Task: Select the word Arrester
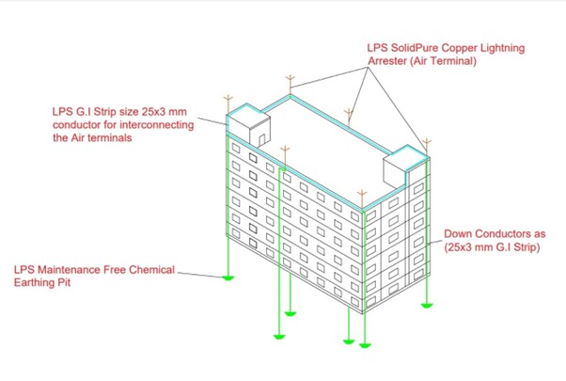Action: [x=386, y=60]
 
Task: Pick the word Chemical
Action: [x=151, y=270]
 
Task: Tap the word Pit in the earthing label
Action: [x=65, y=282]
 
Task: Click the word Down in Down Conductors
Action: [x=456, y=233]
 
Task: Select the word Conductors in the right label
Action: [x=499, y=233]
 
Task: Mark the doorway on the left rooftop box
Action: [x=262, y=139]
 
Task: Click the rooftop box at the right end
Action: [x=406, y=166]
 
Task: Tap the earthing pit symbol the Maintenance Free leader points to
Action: [x=228, y=278]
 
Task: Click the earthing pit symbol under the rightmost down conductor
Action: [x=427, y=306]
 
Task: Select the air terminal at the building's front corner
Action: [x=362, y=199]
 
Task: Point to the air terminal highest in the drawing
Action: [x=290, y=85]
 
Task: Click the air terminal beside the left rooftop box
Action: [x=228, y=105]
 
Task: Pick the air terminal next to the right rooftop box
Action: [x=427, y=147]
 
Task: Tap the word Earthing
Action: [x=35, y=282]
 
